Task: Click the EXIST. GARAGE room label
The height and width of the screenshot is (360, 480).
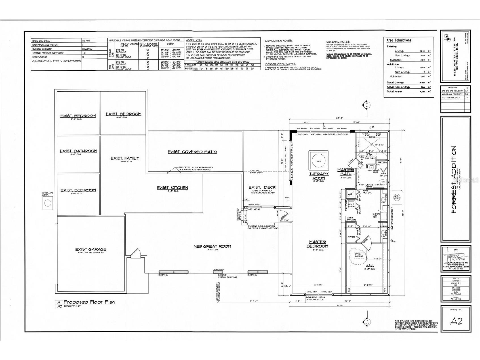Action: pos(90,249)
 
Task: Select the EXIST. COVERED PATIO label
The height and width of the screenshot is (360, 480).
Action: pos(192,152)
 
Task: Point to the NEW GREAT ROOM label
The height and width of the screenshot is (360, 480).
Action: pos(212,246)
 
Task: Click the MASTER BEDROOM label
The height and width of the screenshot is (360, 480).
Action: pos(317,244)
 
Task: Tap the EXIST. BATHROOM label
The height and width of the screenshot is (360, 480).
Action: pos(78,151)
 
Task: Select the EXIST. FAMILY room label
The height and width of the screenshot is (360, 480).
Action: pos(125,158)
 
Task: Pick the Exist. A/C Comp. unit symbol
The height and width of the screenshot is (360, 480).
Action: pos(48,203)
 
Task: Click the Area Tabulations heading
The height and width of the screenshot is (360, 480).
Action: pos(399,41)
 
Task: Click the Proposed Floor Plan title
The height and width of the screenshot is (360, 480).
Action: pos(89,302)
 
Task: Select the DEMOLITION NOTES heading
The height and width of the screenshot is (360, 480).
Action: pos(278,41)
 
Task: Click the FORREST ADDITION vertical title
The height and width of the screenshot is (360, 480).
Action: pos(453,180)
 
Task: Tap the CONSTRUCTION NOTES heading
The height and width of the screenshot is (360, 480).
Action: pos(280,64)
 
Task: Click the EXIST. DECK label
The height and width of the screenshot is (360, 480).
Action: pos(262,188)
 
